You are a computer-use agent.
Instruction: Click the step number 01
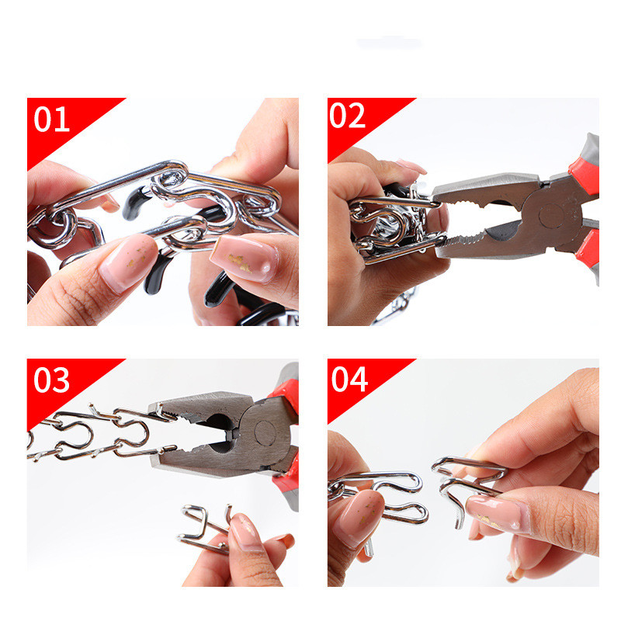[51, 119]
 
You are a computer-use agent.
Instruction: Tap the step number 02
[347, 115]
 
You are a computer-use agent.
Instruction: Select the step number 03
[51, 380]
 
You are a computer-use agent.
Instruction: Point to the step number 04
[349, 379]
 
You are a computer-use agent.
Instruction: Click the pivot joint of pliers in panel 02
[551, 215]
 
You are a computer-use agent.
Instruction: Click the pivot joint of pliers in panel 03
[265, 432]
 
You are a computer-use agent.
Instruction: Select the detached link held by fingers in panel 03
[205, 528]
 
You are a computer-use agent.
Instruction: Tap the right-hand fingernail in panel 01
[245, 258]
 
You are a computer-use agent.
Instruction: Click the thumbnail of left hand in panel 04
[358, 516]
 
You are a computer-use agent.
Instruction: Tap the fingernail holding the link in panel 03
[245, 532]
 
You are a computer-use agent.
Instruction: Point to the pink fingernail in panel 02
[411, 166]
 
